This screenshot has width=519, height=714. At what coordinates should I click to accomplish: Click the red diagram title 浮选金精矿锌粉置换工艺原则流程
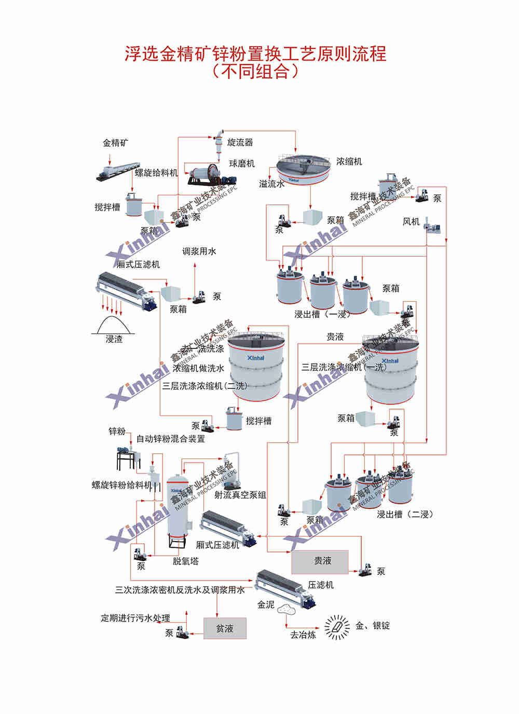255,53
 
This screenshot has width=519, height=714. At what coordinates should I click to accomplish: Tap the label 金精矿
115,142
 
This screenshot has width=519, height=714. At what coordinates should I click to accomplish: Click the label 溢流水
271,184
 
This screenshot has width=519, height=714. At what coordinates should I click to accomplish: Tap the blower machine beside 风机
432,225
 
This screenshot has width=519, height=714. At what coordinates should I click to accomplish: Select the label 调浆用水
199,251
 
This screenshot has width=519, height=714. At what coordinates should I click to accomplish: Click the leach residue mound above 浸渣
114,325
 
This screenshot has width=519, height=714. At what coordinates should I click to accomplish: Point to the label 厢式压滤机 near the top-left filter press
138,264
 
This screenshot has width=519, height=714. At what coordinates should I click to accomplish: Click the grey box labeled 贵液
320,561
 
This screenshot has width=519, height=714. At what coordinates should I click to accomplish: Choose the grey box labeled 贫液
225,628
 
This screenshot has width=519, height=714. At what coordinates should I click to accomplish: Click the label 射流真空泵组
240,495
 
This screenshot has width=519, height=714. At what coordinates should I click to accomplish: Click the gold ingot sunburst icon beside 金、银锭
337,627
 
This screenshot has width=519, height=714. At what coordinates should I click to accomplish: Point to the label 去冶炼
303,635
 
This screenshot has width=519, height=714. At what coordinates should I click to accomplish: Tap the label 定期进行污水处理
135,618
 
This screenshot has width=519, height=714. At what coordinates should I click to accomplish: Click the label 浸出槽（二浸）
404,514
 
